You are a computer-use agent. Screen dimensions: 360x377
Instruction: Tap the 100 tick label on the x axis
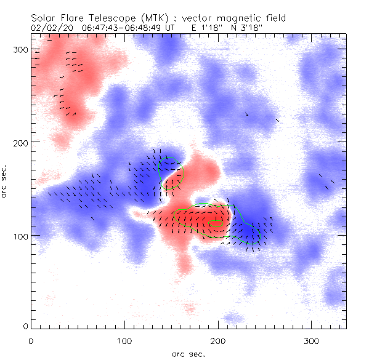(x=124, y=340)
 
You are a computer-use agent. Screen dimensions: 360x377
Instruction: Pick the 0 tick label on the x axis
(x=31, y=340)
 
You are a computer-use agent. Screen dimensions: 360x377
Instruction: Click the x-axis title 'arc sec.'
(x=188, y=353)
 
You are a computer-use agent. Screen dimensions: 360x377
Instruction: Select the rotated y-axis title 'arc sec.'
(x=5, y=181)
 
